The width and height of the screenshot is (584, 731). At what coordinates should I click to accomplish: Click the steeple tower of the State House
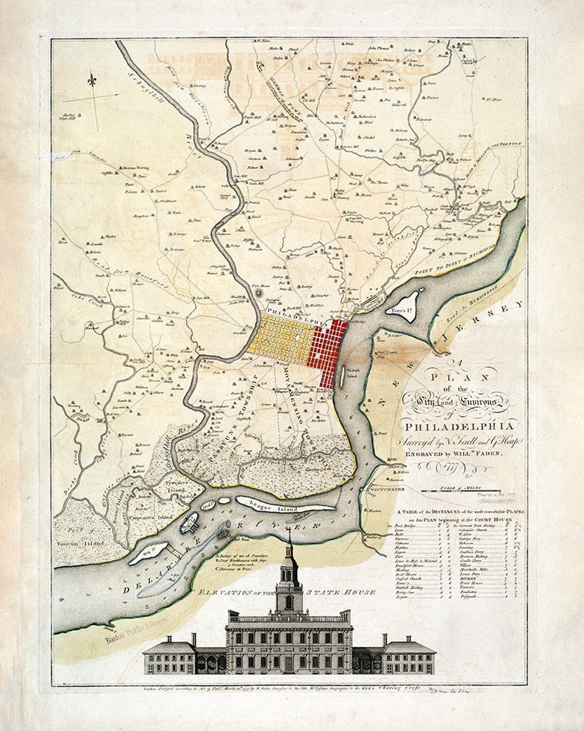pyautogui.click(x=289, y=574)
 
